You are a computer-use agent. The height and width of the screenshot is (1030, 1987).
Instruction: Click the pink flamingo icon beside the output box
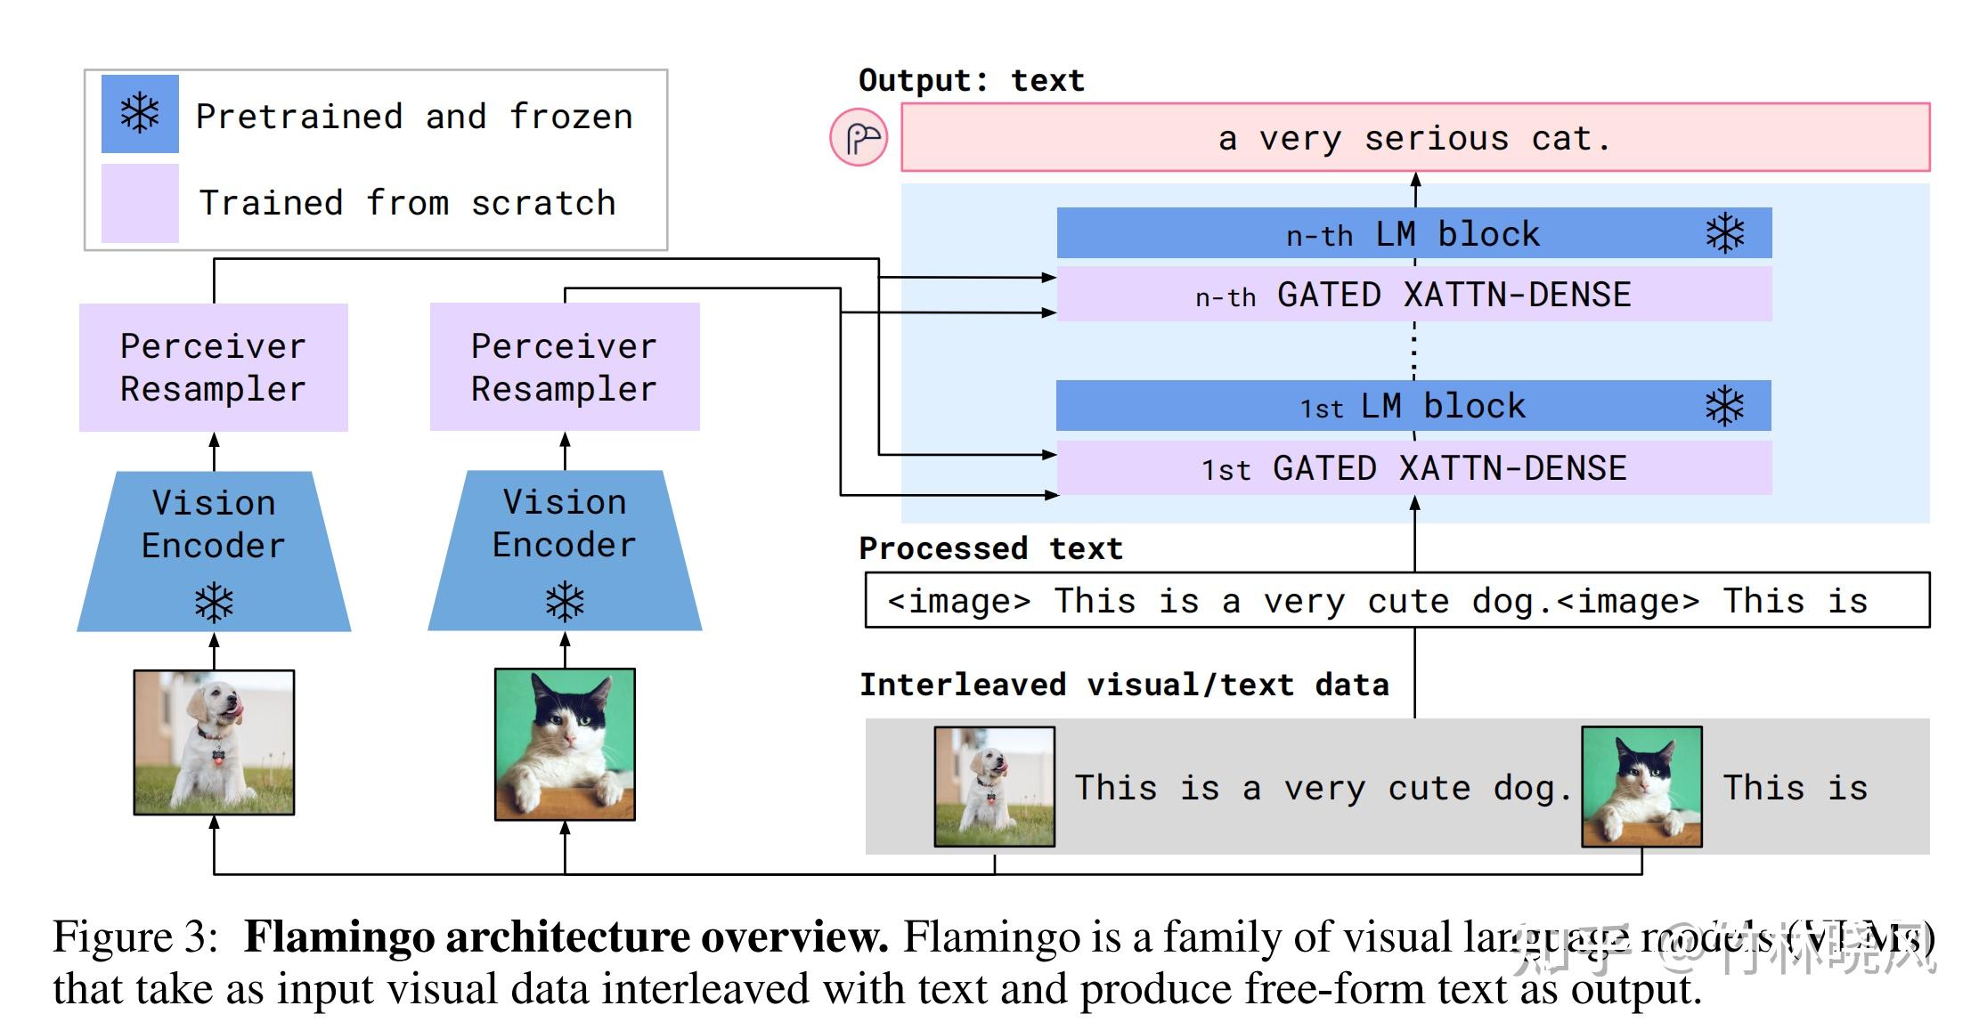(859, 138)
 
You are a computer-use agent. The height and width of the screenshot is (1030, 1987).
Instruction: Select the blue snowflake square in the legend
(140, 114)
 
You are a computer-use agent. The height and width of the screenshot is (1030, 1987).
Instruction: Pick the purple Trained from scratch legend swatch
(140, 203)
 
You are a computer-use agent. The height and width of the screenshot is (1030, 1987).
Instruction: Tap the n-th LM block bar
(1413, 233)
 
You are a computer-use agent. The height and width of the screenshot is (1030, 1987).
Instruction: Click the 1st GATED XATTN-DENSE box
(1413, 468)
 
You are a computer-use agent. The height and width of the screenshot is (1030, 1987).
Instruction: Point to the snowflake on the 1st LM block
(1724, 406)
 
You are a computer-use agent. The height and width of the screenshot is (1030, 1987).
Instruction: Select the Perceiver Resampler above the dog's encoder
(214, 368)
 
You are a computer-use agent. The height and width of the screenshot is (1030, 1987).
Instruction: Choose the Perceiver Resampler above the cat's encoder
(565, 368)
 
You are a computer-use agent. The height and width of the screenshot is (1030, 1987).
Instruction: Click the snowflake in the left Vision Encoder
(214, 603)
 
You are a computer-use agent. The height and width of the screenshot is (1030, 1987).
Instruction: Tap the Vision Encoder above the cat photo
(565, 534)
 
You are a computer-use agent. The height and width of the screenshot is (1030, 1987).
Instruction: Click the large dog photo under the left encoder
(214, 742)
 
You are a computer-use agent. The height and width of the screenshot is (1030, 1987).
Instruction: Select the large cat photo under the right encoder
(565, 744)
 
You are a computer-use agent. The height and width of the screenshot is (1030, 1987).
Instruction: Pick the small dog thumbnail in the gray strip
(994, 787)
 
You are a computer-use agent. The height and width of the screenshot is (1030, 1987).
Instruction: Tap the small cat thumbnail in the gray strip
(1641, 787)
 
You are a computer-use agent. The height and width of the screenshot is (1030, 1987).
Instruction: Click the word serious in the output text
(1436, 139)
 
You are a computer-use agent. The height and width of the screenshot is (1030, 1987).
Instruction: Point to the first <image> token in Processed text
(959, 601)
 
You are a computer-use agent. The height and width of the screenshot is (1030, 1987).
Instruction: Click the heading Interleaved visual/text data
(1124, 685)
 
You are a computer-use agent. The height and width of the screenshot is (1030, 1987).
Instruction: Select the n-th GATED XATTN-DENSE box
(1413, 295)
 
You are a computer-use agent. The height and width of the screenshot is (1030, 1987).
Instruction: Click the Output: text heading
(971, 80)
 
